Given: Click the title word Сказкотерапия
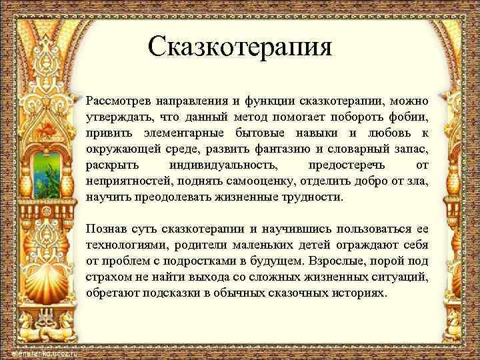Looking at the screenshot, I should click(x=239, y=48).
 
